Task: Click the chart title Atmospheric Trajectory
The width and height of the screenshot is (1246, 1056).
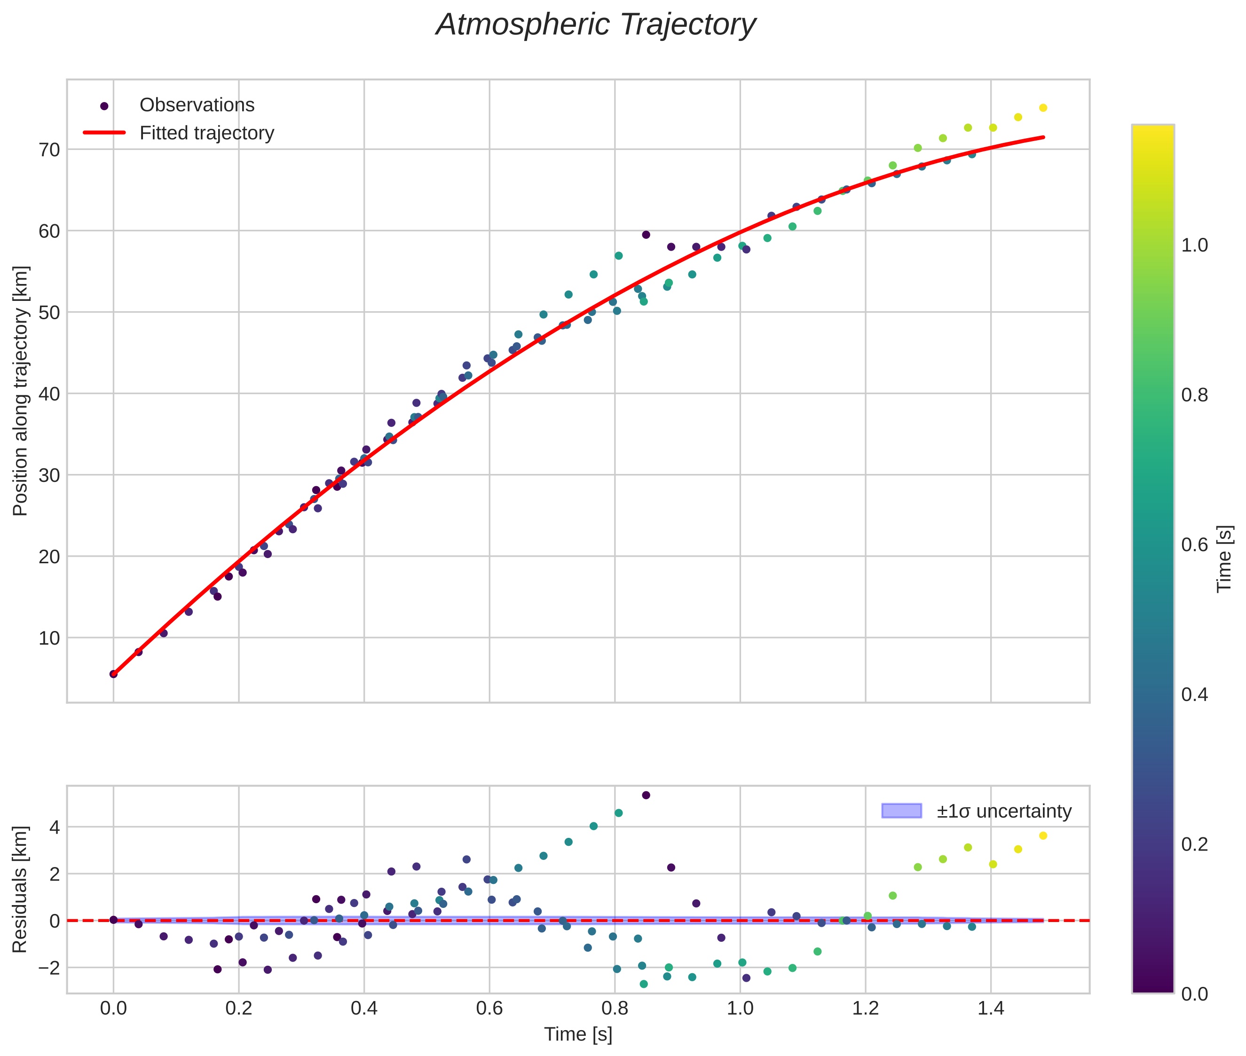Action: pyautogui.click(x=595, y=25)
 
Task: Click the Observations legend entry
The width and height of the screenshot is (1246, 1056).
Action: pyautogui.click(x=197, y=105)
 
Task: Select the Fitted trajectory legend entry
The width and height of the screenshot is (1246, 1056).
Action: pyautogui.click(x=206, y=133)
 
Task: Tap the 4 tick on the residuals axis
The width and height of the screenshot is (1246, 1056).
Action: pyautogui.click(x=55, y=828)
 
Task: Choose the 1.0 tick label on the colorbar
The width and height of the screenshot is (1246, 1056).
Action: pyautogui.click(x=1194, y=245)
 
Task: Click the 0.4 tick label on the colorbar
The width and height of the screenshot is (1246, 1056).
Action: pyautogui.click(x=1194, y=694)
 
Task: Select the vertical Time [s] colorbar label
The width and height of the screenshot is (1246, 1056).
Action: pyautogui.click(x=1225, y=559)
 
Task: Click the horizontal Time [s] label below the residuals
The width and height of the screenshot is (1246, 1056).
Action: pyautogui.click(x=578, y=1034)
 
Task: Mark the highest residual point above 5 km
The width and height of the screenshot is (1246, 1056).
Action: pyautogui.click(x=646, y=795)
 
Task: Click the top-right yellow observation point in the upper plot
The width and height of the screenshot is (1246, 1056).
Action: pyautogui.click(x=1043, y=108)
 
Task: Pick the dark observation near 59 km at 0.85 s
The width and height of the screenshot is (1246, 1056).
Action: pyautogui.click(x=646, y=235)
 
